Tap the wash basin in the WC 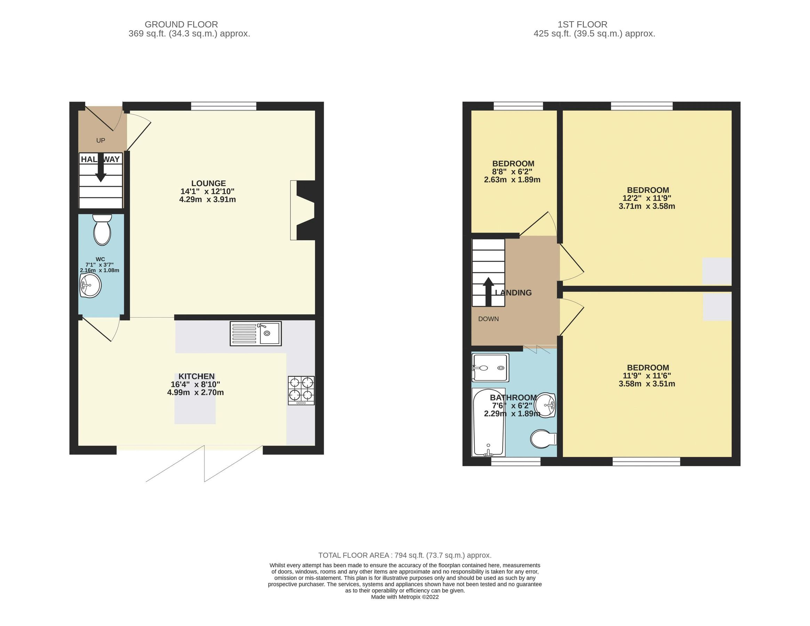[x=90, y=286]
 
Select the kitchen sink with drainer [x=256, y=334]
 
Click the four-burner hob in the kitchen [x=301, y=390]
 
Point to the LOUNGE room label [x=208, y=183]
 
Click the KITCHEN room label [x=197, y=376]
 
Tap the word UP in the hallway [x=101, y=141]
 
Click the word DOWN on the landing [x=488, y=319]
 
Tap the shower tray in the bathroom [x=490, y=368]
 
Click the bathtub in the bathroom [x=488, y=423]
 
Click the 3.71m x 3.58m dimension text [x=647, y=206]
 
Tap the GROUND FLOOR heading [x=181, y=24]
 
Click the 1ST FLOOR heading [x=582, y=24]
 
